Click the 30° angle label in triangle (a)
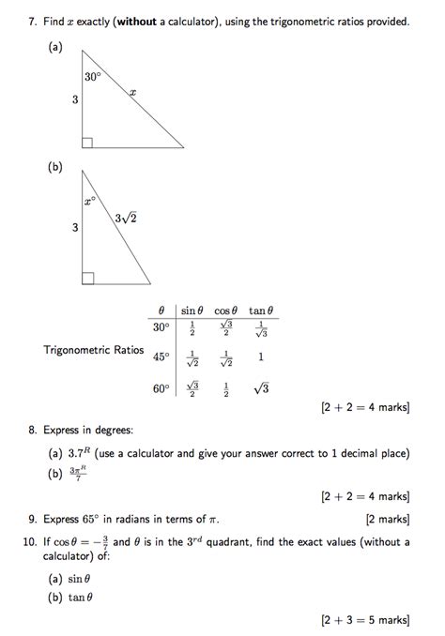[x=91, y=78]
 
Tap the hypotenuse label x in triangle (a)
[x=133, y=91]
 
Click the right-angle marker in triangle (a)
[x=87, y=142]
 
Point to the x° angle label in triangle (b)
[x=89, y=201]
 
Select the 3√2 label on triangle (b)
[x=126, y=219]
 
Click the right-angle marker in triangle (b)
[x=87, y=277]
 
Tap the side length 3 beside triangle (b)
[x=73, y=226]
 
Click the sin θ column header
[x=192, y=310]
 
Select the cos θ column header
[x=226, y=310]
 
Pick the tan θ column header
[x=261, y=310]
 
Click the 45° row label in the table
[x=161, y=357]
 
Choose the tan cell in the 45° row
[x=260, y=357]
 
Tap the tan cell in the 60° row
[x=260, y=388]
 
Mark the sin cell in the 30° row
[x=192, y=329]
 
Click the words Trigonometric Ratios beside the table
[x=93, y=350]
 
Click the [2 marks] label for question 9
[x=387, y=518]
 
